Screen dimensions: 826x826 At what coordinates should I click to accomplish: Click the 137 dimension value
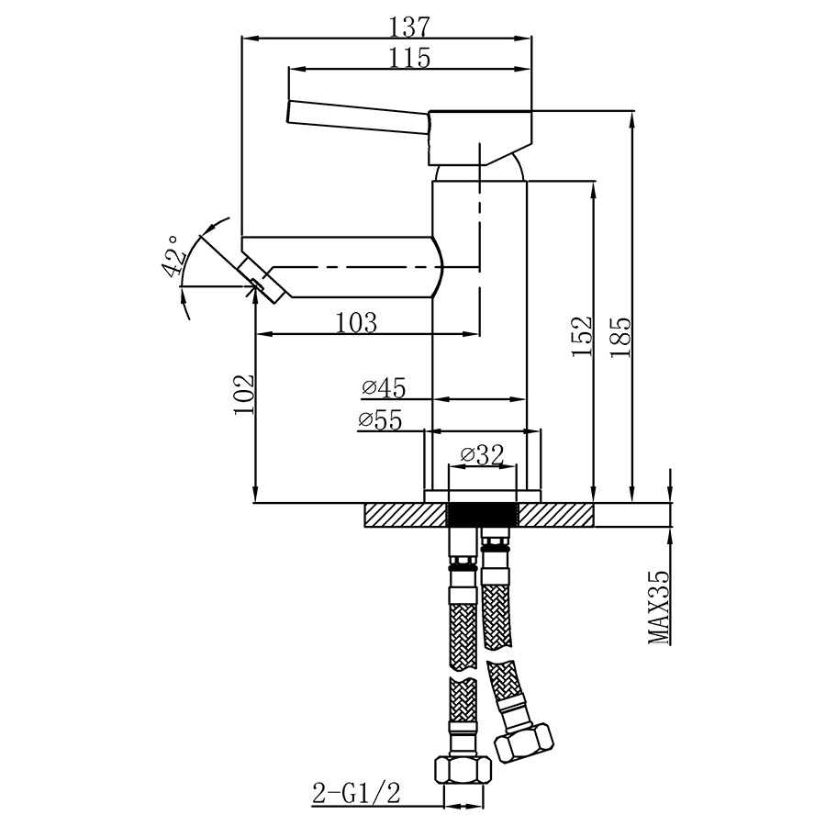(410, 27)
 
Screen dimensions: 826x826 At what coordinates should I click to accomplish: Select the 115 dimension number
(410, 58)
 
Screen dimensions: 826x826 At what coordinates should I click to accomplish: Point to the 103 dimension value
(357, 323)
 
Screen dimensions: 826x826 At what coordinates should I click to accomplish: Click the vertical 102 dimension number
(244, 395)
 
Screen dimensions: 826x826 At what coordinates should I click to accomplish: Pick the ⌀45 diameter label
(384, 388)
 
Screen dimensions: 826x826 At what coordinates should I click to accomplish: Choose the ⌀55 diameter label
(380, 419)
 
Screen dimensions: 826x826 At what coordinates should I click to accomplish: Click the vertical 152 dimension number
(582, 337)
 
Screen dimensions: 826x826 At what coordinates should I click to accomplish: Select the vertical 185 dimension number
(620, 337)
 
